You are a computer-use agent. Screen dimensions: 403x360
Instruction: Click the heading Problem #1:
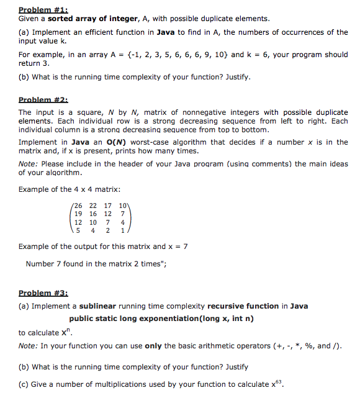43,9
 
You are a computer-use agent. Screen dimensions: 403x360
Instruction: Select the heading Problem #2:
43,99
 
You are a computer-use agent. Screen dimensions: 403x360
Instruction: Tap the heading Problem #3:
43,293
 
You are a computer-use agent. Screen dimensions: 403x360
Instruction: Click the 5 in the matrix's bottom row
78,230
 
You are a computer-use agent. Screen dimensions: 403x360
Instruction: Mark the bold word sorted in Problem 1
61,19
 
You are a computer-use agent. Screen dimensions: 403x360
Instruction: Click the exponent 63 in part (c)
280,381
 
